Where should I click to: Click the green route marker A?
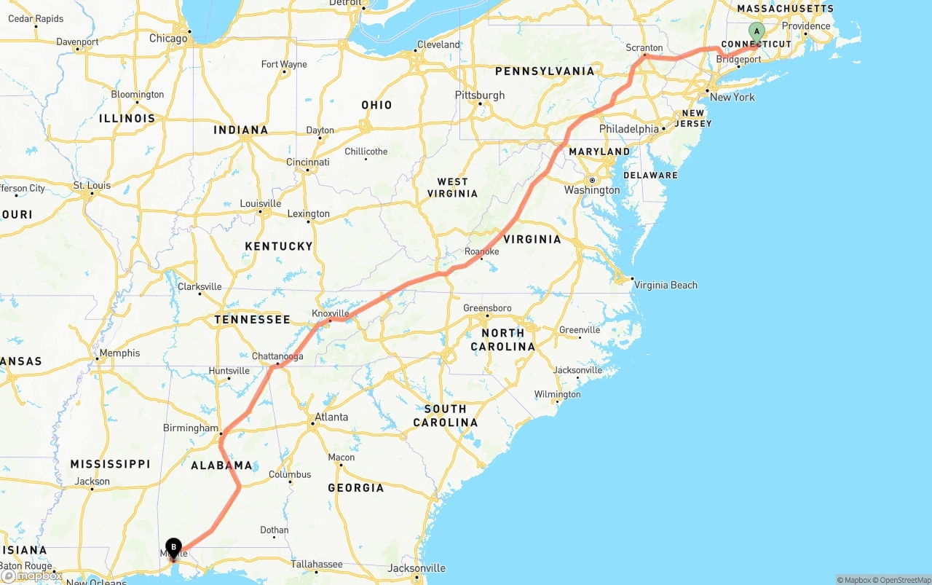point(757,31)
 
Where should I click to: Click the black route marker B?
point(173,547)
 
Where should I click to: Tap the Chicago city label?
point(167,39)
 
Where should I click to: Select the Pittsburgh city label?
point(479,95)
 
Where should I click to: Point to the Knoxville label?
point(331,313)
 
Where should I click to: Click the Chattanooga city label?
point(277,356)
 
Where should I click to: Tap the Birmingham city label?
point(190,428)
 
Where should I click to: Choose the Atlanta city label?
point(331,417)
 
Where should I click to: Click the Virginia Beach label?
point(666,285)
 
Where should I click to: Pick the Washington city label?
point(592,190)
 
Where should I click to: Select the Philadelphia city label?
point(628,129)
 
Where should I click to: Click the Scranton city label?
point(644,48)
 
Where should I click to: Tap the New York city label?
point(732,98)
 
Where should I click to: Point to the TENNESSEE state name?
point(252,320)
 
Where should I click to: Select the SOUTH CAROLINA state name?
point(445,415)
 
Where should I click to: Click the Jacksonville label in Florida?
point(416,568)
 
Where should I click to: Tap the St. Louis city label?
point(92,185)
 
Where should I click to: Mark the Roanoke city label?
point(481,251)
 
